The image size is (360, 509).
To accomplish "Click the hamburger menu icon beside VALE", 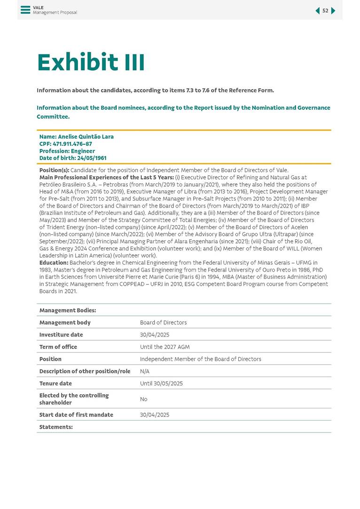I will tap(25, 10).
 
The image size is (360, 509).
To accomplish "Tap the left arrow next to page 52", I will tap(317, 11).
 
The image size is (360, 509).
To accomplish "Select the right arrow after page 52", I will tap(333, 11).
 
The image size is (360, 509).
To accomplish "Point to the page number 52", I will tap(325, 11).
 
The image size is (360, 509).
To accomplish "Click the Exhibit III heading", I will tap(91, 63).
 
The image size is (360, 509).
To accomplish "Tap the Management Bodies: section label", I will tap(68, 310).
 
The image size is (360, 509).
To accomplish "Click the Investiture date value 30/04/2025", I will tap(155, 335).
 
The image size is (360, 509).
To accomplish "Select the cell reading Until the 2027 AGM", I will tap(164, 347).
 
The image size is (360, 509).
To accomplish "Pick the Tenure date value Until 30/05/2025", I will tap(161, 384).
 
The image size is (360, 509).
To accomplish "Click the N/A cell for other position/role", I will tap(145, 371).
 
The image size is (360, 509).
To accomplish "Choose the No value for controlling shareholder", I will tap(143, 399).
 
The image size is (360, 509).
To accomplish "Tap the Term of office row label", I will tap(58, 347).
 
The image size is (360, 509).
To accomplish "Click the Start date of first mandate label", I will tap(76, 415).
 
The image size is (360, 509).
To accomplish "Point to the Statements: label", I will tap(56, 427).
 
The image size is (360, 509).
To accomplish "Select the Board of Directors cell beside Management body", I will tap(163, 322).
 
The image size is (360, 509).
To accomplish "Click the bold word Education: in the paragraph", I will tap(54, 262).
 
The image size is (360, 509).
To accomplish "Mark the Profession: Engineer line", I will tap(61, 151).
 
